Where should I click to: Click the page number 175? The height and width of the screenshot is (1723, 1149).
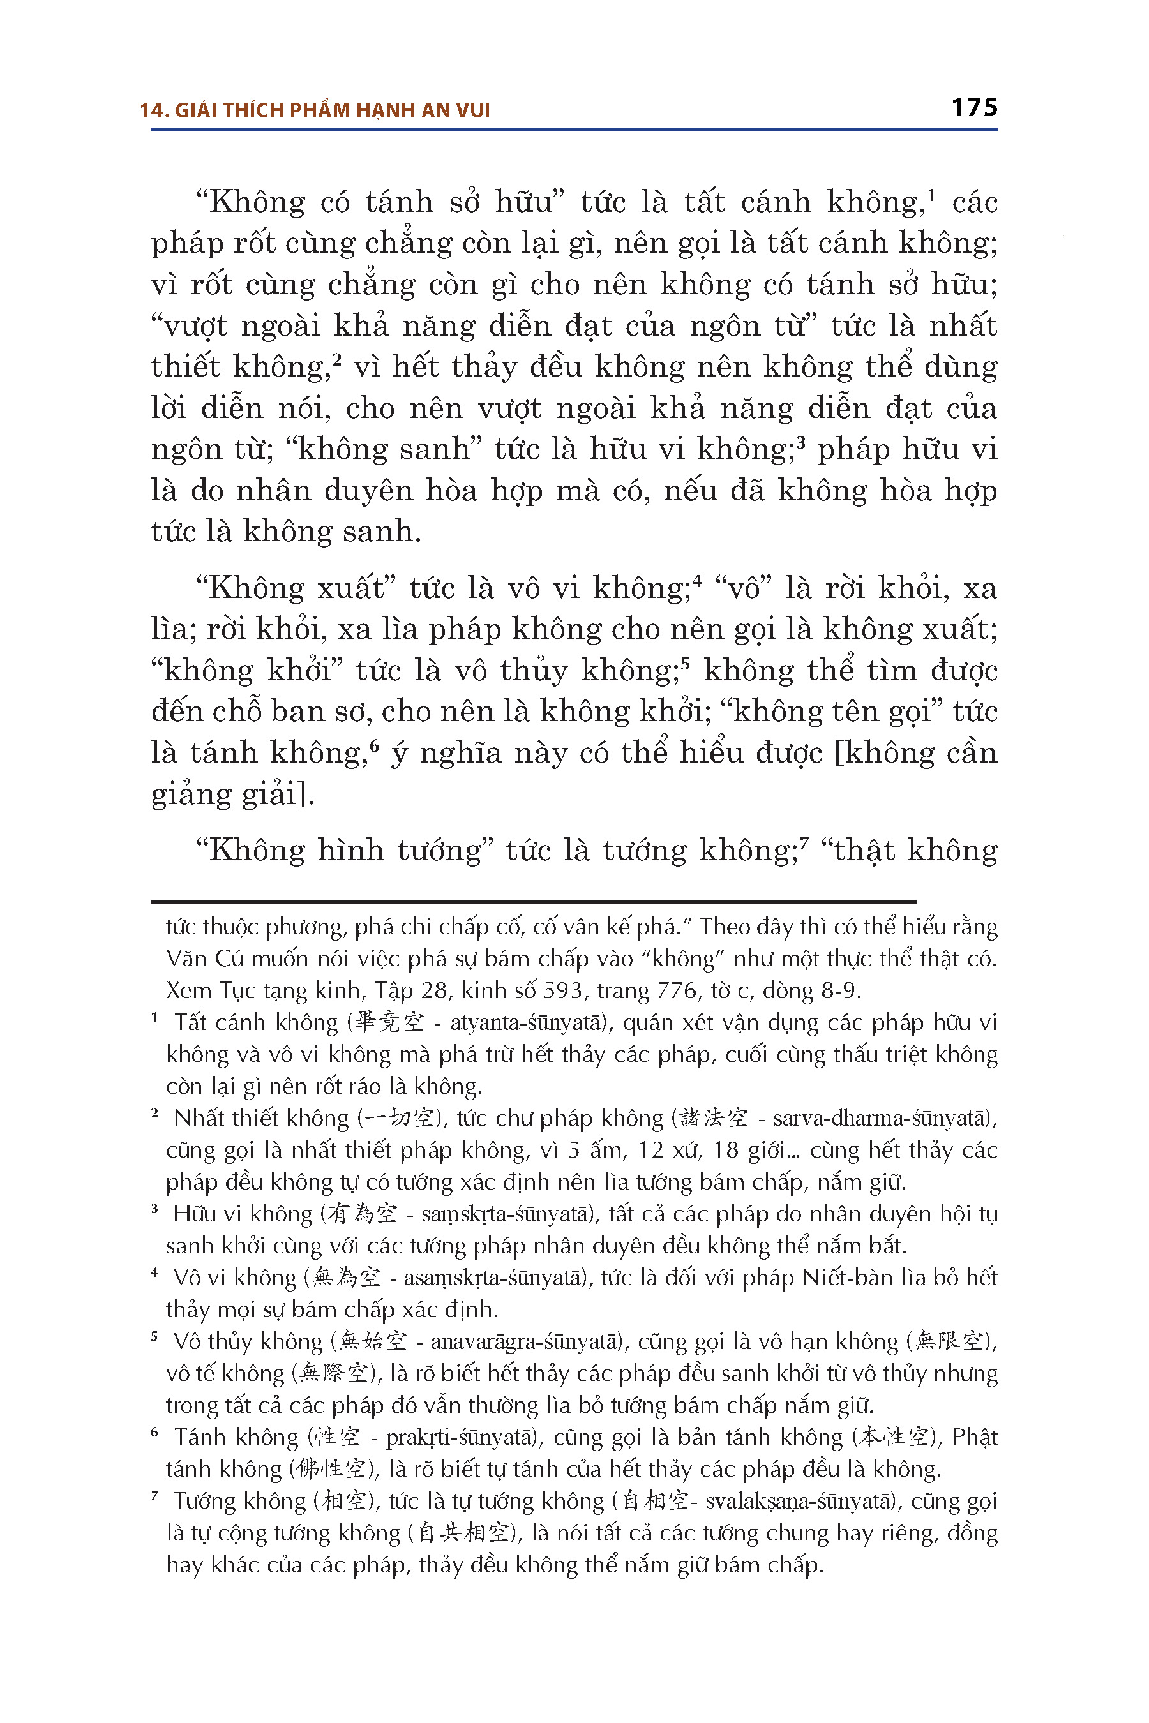point(974,108)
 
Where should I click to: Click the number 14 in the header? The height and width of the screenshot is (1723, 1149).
point(153,110)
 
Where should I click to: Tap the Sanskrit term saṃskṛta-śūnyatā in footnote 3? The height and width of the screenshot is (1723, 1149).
point(504,1214)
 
